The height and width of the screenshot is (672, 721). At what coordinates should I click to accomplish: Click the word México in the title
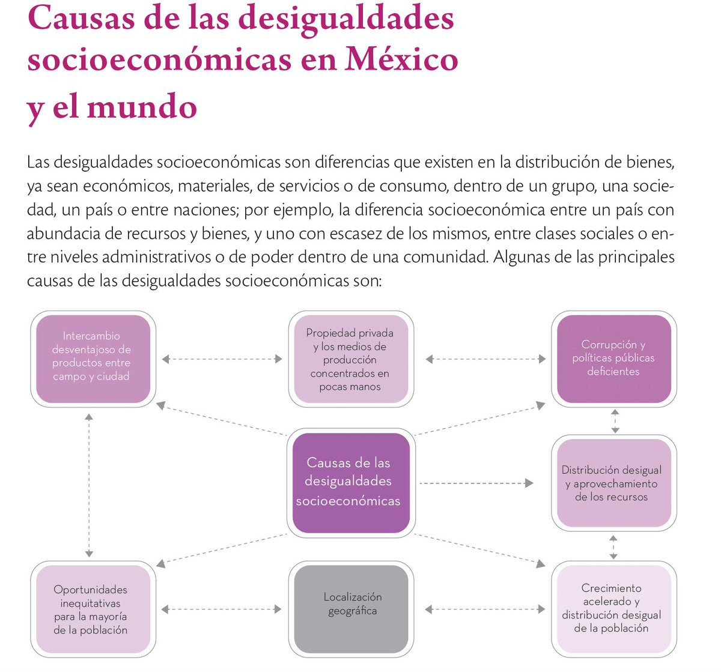[x=401, y=59]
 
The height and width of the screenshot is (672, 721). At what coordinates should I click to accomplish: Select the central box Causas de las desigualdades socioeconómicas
[x=348, y=482]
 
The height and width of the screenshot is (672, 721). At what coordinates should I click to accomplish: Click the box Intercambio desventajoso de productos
[x=92, y=358]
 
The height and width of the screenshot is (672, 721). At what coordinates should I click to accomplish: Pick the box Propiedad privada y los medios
[x=350, y=359]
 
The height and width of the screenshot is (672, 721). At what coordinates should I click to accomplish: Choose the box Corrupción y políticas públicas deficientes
[x=613, y=358]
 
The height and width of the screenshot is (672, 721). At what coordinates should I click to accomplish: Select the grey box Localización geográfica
[x=351, y=608]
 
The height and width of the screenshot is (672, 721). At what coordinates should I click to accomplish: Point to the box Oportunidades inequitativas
[x=91, y=610]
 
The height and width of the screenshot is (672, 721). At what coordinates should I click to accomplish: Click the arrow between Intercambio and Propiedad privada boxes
[x=222, y=359]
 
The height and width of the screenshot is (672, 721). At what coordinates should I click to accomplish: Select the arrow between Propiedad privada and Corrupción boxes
[x=485, y=359]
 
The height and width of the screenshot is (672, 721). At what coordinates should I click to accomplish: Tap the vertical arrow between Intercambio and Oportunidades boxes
[x=89, y=485]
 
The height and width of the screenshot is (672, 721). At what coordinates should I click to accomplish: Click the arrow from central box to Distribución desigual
[x=476, y=483]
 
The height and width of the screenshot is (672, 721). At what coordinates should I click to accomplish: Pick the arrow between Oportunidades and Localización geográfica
[x=222, y=609]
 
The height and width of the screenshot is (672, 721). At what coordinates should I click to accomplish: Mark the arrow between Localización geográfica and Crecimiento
[x=485, y=609]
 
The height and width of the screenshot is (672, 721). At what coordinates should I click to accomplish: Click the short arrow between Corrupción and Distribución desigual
[x=615, y=421]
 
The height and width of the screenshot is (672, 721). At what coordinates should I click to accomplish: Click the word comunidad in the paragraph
[x=443, y=257]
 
